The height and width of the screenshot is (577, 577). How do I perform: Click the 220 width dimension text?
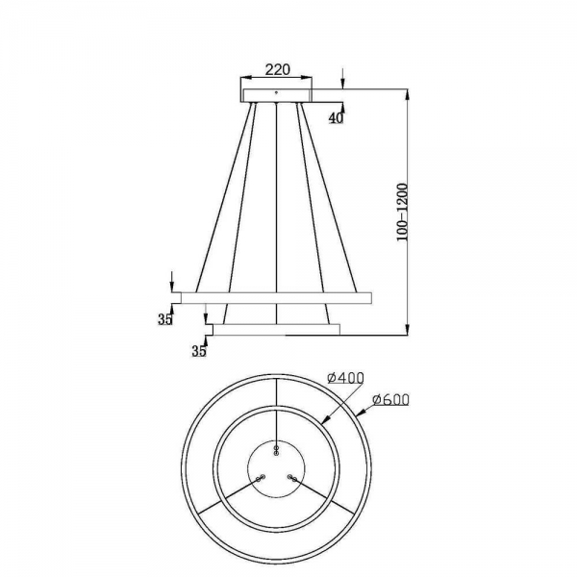(276, 71)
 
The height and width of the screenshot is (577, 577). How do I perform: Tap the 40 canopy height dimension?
(336, 118)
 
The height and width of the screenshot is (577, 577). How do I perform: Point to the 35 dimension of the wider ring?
(165, 321)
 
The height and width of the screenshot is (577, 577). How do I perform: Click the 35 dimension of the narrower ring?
(199, 351)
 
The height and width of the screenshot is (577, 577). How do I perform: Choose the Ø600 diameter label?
(390, 398)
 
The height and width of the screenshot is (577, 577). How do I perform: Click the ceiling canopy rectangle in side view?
(277, 93)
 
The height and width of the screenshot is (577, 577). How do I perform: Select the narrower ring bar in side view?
(276, 330)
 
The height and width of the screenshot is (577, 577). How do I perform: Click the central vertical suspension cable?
(277, 212)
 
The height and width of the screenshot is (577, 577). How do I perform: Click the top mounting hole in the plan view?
(277, 450)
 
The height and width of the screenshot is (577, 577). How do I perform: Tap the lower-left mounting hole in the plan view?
(260, 477)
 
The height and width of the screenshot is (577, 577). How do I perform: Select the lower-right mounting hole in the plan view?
(291, 477)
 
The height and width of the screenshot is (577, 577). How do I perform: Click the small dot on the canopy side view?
(277, 92)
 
